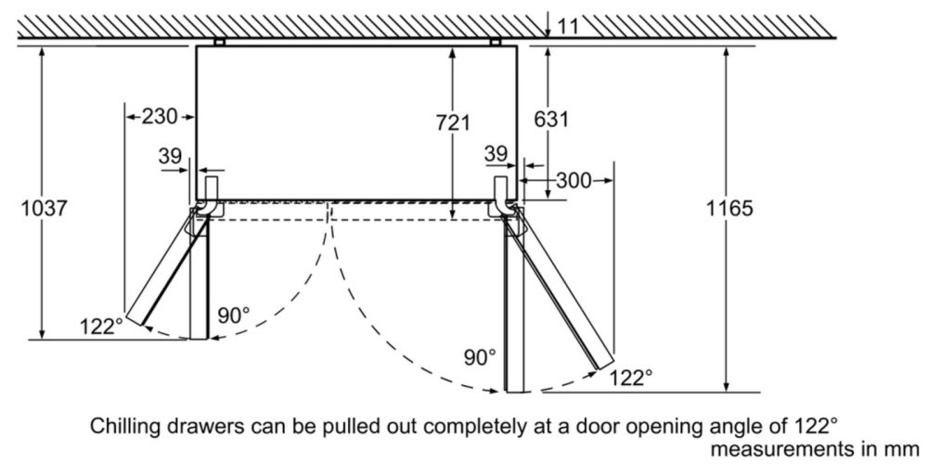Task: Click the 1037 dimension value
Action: point(44,209)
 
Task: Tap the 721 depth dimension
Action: point(452,122)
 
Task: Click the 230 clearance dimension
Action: point(159,117)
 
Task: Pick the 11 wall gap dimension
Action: point(568,26)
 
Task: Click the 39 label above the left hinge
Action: point(170,157)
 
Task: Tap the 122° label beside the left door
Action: point(101,326)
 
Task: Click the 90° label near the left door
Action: point(233,315)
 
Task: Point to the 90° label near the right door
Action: point(479,356)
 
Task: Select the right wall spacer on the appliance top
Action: point(496,42)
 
